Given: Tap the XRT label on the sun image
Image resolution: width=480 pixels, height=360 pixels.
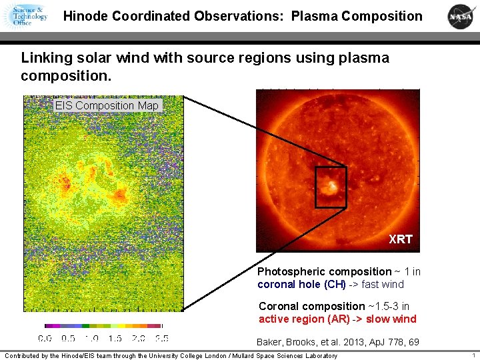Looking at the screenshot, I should [x=401, y=239].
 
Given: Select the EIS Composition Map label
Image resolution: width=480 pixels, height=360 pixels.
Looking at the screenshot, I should [x=107, y=105].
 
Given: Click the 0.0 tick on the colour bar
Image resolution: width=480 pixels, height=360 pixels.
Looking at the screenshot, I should [x=45, y=338].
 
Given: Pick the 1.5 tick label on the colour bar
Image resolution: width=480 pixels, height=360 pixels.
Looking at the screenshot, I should [x=115, y=338].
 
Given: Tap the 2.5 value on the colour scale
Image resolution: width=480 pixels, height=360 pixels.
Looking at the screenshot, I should [x=161, y=338].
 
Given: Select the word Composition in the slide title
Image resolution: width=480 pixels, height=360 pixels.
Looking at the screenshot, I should [x=382, y=16].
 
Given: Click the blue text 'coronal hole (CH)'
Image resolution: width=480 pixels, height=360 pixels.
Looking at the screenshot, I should [x=301, y=284].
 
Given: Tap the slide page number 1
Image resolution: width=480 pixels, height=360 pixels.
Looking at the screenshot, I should [x=473, y=355].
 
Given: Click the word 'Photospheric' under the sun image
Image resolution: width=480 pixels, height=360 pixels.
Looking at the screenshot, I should [x=291, y=271].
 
